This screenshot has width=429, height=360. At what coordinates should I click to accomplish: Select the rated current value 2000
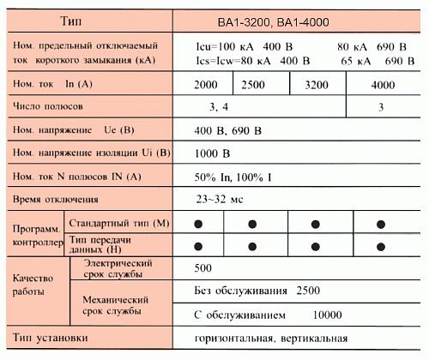coord(205,85)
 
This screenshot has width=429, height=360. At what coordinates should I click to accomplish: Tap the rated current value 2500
coord(252,85)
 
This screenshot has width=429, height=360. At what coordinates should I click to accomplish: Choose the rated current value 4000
coord(383,85)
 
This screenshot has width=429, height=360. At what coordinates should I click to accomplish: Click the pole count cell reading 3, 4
coord(221,107)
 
